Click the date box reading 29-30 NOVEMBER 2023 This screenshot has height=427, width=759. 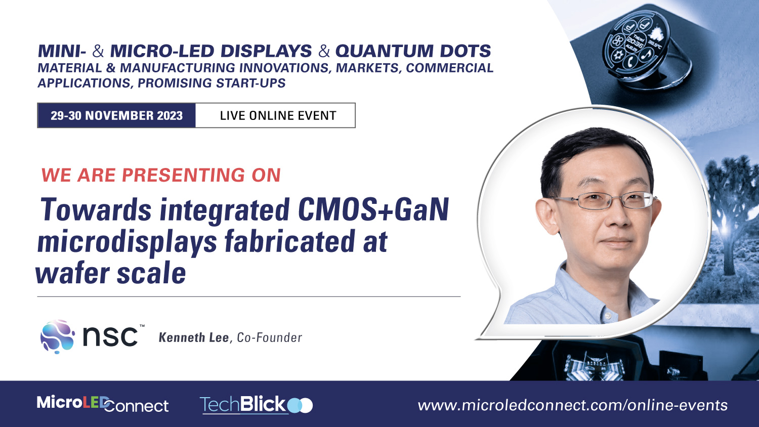pyautogui.click(x=116, y=116)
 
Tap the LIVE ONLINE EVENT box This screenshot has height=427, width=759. pyautogui.click(x=278, y=116)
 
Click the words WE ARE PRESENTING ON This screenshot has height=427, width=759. pyautogui.click(x=161, y=176)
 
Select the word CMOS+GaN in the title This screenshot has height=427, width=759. pyautogui.click(x=373, y=209)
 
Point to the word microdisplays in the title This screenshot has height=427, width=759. pyautogui.click(x=126, y=242)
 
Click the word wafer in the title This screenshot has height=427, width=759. pyautogui.click(x=72, y=274)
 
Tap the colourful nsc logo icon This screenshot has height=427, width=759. pyautogui.click(x=58, y=336)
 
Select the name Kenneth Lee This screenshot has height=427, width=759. pyautogui.click(x=194, y=338)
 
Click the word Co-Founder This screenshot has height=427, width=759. pyautogui.click(x=269, y=338)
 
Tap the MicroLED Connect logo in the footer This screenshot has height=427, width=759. pyautogui.click(x=103, y=404)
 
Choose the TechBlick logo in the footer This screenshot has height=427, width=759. pyautogui.click(x=256, y=405)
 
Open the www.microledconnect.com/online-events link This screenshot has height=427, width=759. pyautogui.click(x=572, y=405)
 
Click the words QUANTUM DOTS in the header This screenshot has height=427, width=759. pyautogui.click(x=413, y=51)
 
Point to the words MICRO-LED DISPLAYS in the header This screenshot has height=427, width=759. pyautogui.click(x=211, y=51)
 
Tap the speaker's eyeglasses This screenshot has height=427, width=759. pyautogui.click(x=607, y=201)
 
